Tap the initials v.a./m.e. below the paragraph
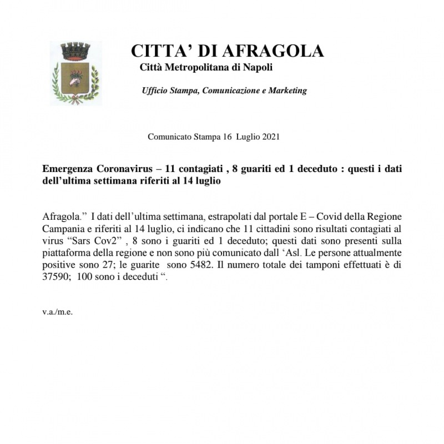coord(58,311)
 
